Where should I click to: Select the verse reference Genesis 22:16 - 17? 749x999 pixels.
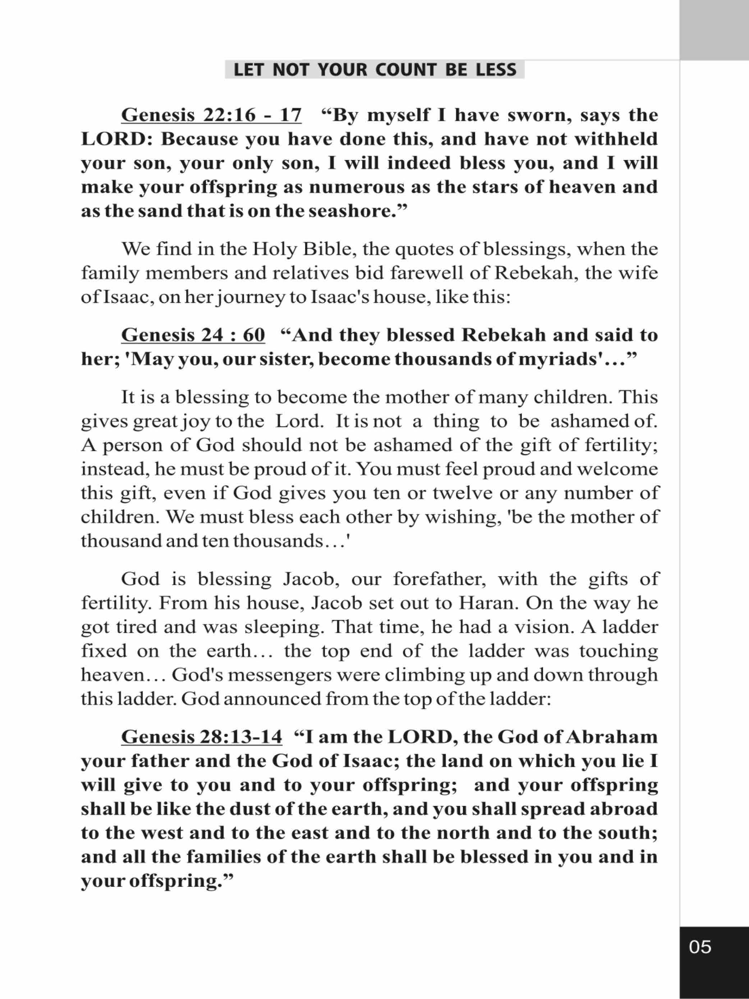click(x=211, y=115)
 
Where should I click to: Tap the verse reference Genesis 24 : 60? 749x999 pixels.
click(x=193, y=335)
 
